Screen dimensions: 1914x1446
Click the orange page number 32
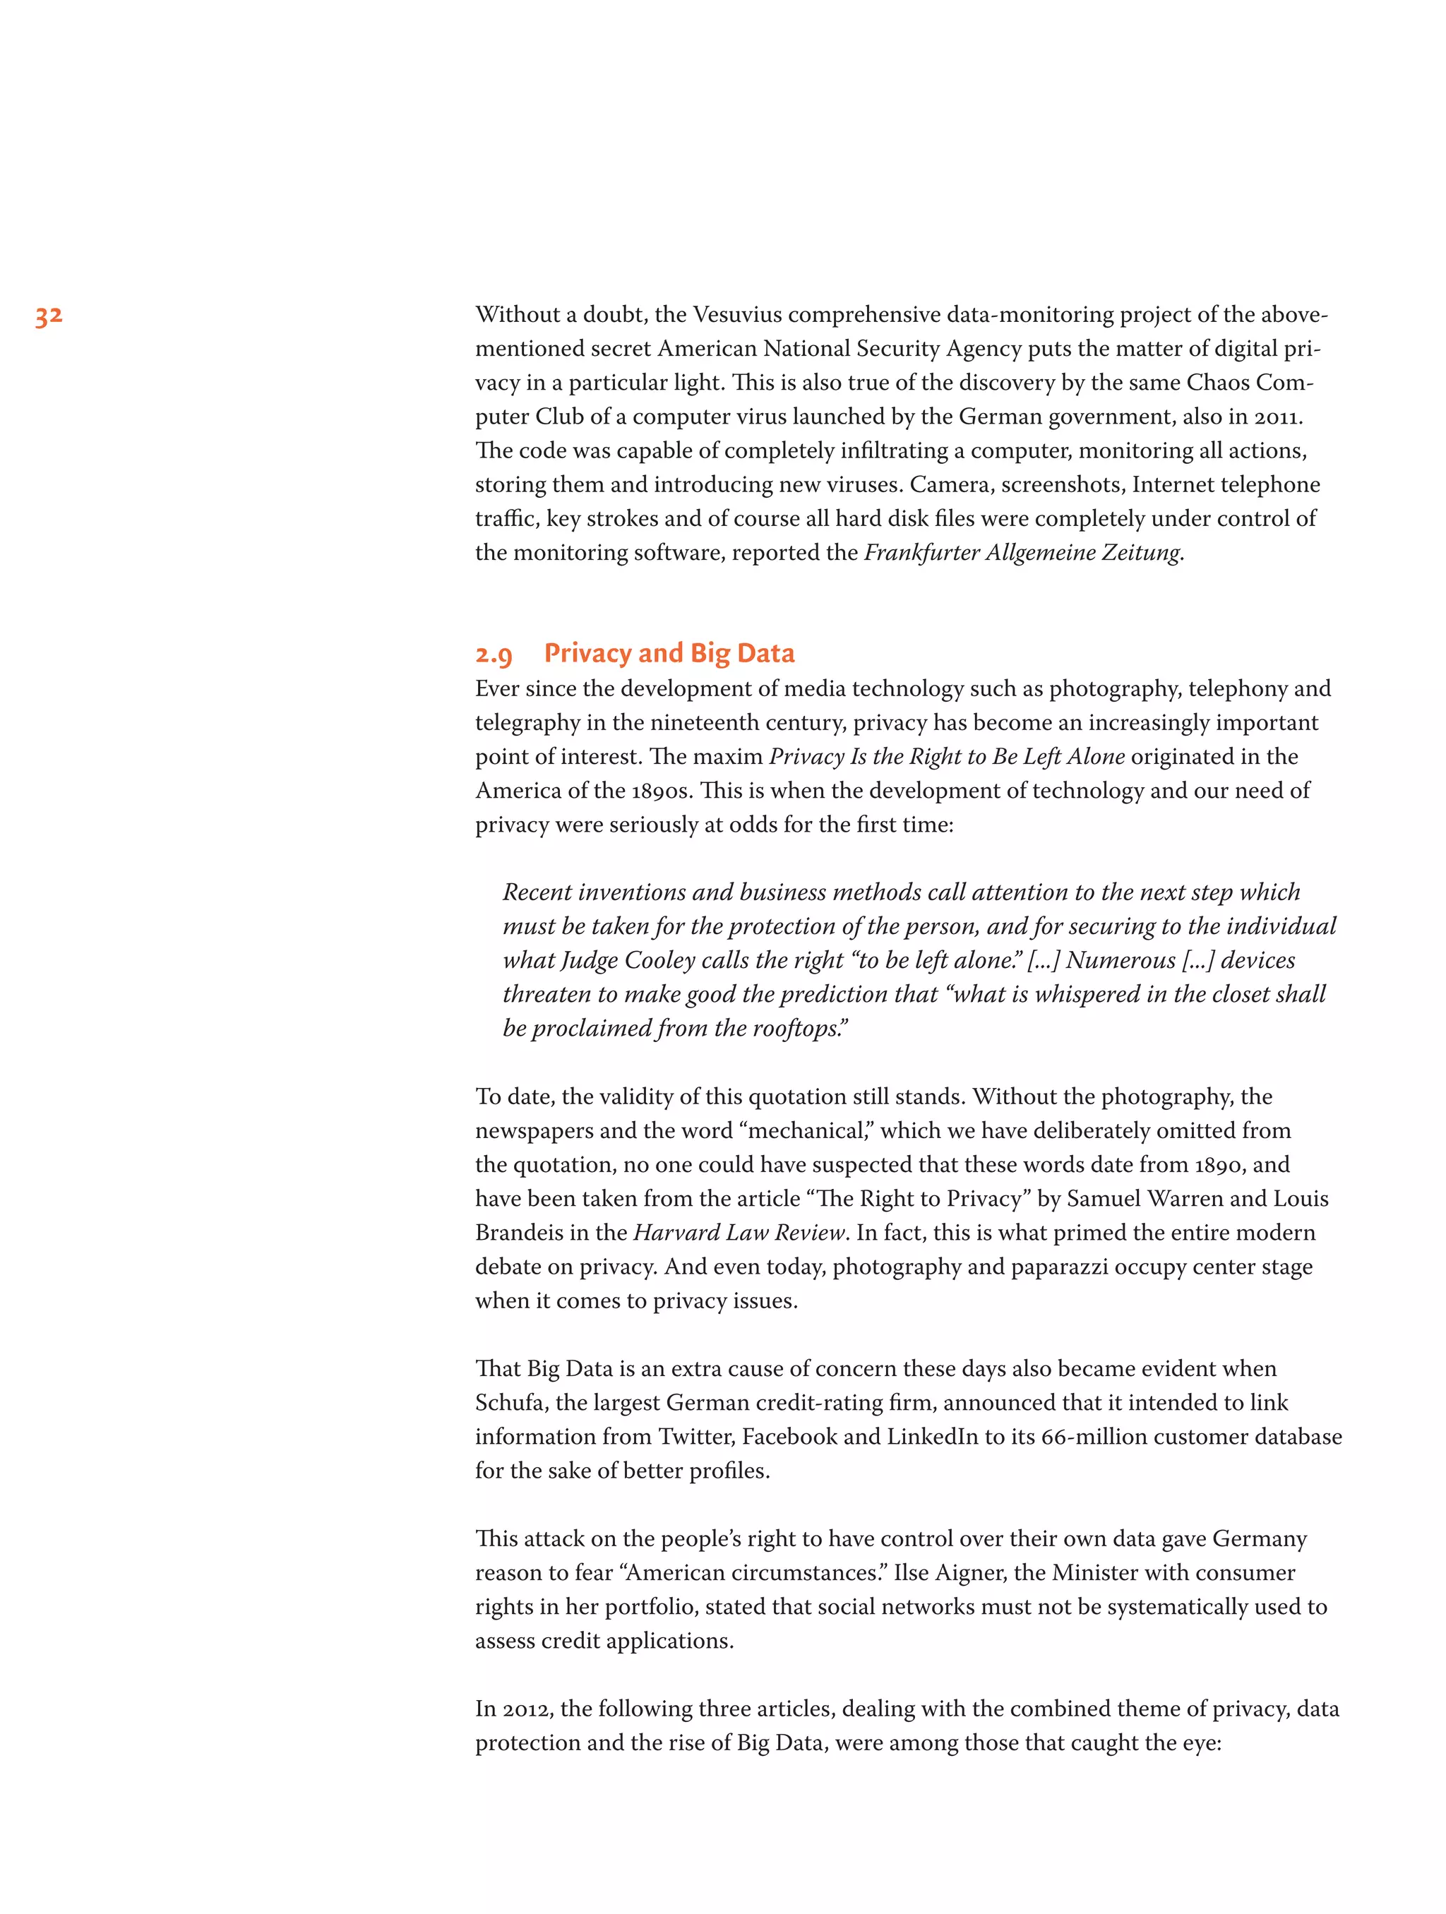coord(49,316)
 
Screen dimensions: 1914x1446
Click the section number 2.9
coord(494,655)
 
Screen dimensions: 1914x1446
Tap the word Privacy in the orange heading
coord(587,653)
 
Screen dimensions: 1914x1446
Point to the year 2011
coord(1276,417)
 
